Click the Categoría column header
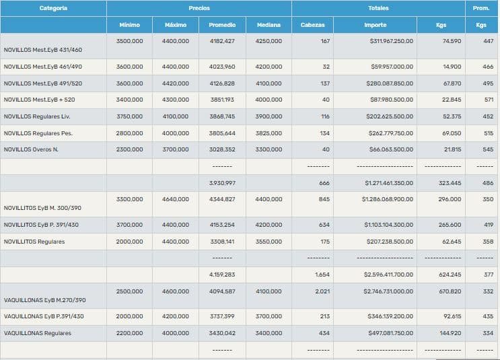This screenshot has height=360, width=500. point(53,8)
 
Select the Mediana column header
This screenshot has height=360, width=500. point(269,25)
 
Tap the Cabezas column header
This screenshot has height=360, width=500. point(312,25)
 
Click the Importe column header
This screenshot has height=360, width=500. point(375,25)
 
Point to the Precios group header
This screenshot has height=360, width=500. point(199,8)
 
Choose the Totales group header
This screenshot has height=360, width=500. point(378,8)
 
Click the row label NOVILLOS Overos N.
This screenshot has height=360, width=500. point(31,149)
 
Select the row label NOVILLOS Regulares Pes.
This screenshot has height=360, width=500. point(38,133)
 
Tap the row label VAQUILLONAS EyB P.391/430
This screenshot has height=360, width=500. point(44,316)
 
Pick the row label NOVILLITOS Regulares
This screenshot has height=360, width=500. point(34,242)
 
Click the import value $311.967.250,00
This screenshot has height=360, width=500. point(392,42)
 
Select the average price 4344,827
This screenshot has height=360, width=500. point(221,199)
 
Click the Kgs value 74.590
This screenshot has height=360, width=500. point(452,42)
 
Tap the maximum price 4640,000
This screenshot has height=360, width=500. point(176,199)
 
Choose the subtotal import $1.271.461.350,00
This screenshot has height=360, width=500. point(389,183)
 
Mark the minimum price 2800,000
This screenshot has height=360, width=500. point(129,133)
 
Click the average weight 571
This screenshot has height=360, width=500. point(489,100)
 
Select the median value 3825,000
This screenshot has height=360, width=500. point(269,133)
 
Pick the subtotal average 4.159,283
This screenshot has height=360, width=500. point(221,275)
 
